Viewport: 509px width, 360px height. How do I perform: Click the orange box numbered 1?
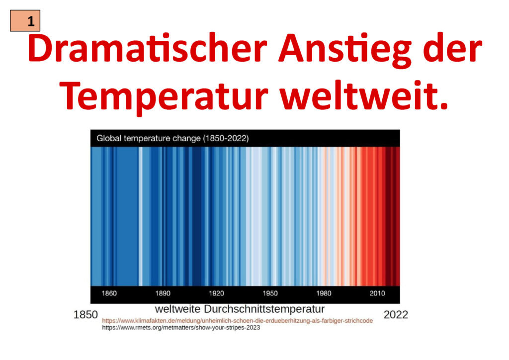[x=25, y=21]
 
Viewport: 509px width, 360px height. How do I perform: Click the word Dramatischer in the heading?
[x=147, y=48]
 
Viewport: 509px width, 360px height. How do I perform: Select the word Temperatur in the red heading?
[x=164, y=97]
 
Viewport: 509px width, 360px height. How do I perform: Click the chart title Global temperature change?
[x=149, y=139]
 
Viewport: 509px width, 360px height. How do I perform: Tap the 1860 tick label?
[x=109, y=293]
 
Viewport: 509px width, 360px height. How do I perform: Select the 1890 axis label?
[x=163, y=293]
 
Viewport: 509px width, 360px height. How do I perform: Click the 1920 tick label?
[x=216, y=293]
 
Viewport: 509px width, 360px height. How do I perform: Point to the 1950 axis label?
[x=270, y=293]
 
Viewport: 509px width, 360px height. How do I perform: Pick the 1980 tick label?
[x=324, y=293]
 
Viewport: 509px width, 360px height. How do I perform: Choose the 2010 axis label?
[x=377, y=293]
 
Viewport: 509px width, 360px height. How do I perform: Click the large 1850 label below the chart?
[x=85, y=315]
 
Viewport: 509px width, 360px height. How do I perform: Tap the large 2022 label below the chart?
[x=396, y=315]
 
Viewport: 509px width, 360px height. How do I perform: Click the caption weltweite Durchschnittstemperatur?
[x=240, y=309]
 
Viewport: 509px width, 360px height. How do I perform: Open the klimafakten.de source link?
[x=237, y=321]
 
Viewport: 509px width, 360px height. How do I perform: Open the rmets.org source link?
[x=181, y=328]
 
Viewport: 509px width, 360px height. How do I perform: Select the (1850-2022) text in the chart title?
[x=226, y=139]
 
